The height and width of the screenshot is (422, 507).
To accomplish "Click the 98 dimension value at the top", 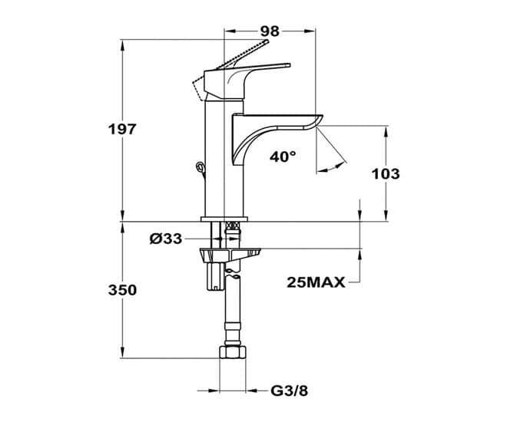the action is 270,31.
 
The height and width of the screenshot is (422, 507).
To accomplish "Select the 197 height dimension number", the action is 122,130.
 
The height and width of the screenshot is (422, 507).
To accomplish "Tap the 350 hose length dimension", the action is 122,290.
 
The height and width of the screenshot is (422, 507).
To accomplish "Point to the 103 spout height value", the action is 386,174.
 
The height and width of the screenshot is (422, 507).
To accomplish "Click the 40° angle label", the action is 283,157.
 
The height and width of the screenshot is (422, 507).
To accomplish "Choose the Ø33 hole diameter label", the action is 166,239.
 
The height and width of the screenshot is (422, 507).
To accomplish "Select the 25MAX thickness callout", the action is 316,283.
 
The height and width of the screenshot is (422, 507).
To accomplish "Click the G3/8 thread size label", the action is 290,391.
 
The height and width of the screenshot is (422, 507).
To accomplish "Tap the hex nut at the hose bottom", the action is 233,352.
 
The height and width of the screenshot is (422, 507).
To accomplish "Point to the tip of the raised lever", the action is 267,41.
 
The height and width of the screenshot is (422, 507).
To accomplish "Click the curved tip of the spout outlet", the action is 319,120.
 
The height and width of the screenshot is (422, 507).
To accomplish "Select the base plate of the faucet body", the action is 224,219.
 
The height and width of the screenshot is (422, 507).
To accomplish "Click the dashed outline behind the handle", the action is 199,87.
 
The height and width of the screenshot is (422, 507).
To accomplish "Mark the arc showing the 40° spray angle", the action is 331,167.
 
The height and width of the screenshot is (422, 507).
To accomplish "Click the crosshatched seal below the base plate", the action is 234,225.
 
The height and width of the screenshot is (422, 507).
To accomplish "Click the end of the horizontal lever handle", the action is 288,65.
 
